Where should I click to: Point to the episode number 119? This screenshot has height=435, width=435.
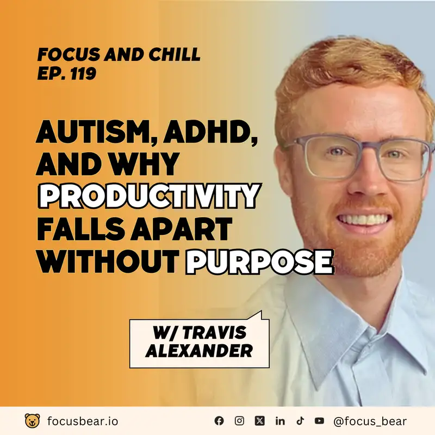[x=84, y=73]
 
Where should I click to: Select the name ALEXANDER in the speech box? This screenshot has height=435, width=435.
[x=200, y=351]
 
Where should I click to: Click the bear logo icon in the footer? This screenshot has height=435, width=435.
[x=33, y=420]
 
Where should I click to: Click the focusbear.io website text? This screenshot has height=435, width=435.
[x=82, y=421]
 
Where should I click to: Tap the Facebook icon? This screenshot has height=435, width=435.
[x=219, y=421]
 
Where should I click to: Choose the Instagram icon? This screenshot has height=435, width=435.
[x=239, y=421]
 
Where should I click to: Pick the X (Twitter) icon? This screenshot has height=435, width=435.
[x=259, y=421]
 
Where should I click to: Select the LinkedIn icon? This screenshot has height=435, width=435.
[x=280, y=421]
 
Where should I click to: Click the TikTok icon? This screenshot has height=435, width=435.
[x=300, y=421]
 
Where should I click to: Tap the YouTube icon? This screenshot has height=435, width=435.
[x=319, y=421]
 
